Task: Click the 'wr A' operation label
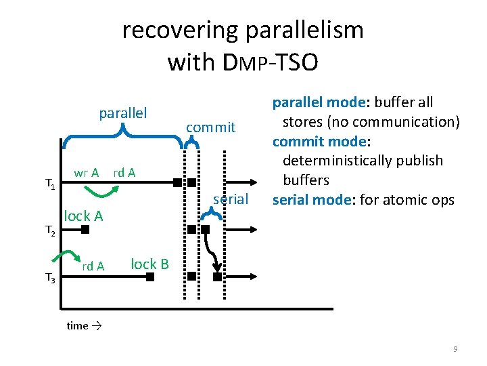point(87,173)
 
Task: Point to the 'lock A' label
point(83,216)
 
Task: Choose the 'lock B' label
point(149,264)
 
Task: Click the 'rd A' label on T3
point(93,266)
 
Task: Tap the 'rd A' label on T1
point(124,173)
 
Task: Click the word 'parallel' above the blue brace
point(123,112)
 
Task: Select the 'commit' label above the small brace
point(210,127)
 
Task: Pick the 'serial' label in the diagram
point(231,199)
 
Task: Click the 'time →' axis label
point(84,326)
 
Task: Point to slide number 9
point(455,348)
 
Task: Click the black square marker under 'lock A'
point(85,230)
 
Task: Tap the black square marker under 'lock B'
point(149,277)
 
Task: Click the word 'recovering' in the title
point(181,30)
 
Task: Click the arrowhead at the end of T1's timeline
point(252,182)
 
